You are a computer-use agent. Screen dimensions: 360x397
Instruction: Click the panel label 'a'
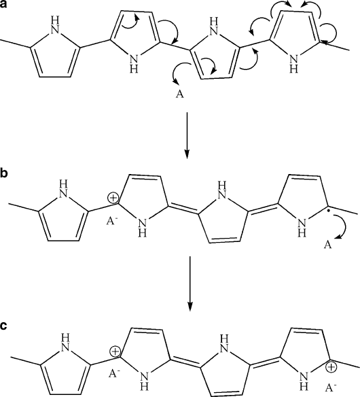(3, 4)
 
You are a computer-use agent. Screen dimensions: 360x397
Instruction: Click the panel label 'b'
(4, 173)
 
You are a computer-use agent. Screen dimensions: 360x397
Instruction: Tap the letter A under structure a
(180, 94)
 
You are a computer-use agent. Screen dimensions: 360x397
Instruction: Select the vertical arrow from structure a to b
(187, 135)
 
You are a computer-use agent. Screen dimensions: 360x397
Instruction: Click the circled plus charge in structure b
(113, 198)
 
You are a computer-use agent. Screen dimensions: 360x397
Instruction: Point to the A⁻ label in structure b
(111, 222)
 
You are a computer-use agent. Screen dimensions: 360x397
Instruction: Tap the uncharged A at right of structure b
(327, 245)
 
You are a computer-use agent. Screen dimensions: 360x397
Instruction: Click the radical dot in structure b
(328, 211)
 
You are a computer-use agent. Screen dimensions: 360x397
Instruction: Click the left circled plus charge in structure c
(115, 351)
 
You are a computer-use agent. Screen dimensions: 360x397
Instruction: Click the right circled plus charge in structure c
(330, 367)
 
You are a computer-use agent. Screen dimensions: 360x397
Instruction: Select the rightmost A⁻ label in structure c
(331, 387)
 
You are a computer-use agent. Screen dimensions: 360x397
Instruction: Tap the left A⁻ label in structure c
(114, 373)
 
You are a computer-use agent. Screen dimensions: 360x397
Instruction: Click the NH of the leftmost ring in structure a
(56, 24)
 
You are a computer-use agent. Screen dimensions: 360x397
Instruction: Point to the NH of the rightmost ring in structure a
(293, 64)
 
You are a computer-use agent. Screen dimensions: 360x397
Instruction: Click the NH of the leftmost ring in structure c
(66, 343)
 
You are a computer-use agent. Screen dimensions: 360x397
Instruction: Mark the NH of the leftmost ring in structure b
(63, 188)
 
